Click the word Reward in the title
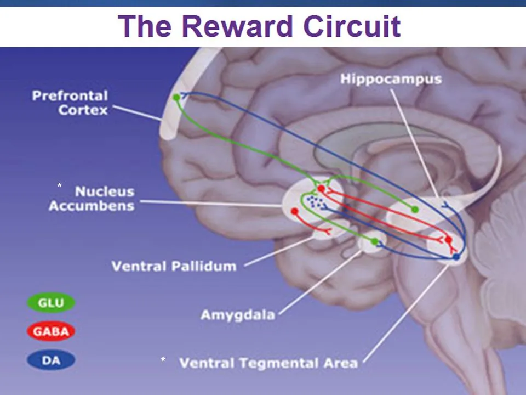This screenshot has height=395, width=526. [x=237, y=26]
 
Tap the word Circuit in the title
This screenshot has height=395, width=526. [x=352, y=26]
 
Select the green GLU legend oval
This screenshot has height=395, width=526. [x=51, y=303]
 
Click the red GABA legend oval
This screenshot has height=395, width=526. [x=51, y=331]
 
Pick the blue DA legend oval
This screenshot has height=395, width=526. [x=51, y=360]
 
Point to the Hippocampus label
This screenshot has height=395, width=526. [x=391, y=79]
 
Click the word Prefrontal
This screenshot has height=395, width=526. [x=70, y=95]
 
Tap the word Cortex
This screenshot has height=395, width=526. [x=83, y=110]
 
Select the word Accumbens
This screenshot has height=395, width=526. [x=92, y=206]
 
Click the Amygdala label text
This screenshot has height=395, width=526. [x=238, y=315]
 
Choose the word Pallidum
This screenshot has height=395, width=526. [x=204, y=266]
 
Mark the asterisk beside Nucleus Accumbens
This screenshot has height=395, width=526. [x=59, y=185]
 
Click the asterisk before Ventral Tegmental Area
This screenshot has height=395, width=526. [x=163, y=359]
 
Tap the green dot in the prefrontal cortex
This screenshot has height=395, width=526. [x=176, y=98]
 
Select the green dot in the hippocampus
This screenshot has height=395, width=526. [x=415, y=210]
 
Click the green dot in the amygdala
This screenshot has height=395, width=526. [x=375, y=241]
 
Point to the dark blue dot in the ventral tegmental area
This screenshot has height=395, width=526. [x=456, y=257]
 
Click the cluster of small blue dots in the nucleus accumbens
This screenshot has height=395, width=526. [x=316, y=202]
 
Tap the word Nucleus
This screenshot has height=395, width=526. [x=105, y=191]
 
